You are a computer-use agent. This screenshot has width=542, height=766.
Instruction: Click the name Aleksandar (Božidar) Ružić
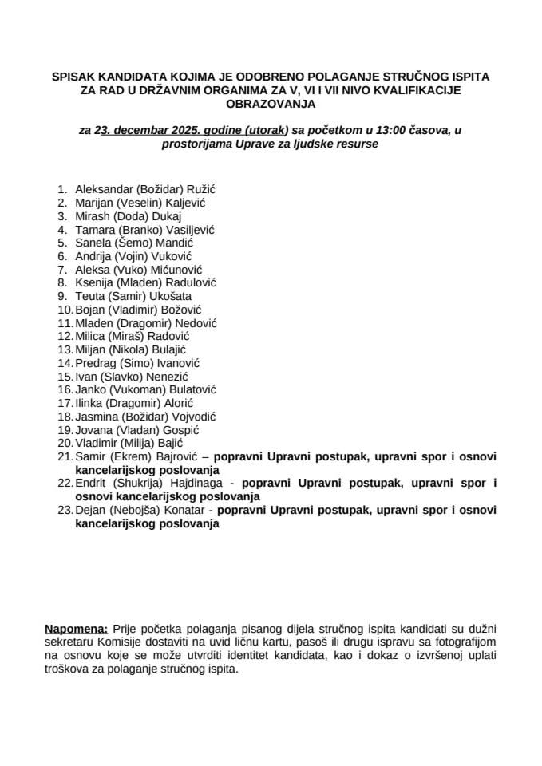pos(146,190)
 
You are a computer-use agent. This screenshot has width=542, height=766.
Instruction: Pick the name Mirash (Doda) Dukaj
pos(129,216)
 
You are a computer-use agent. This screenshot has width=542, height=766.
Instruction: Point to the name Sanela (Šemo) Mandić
pos(134,243)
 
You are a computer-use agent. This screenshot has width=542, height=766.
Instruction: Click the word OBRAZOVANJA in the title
pos(271,104)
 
